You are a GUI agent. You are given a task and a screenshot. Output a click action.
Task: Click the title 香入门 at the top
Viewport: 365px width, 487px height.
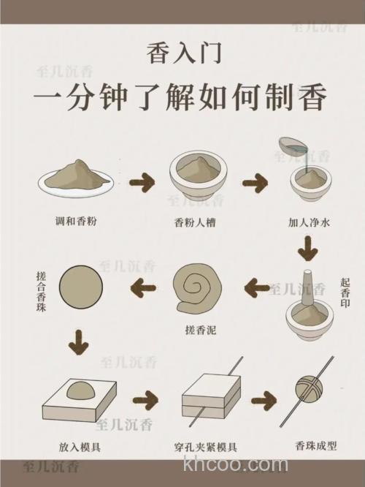click(182, 53)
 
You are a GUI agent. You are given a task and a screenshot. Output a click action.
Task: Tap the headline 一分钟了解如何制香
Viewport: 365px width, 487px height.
click(182, 98)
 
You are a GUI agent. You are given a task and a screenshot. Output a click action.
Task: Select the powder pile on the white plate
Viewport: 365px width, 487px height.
click(76, 174)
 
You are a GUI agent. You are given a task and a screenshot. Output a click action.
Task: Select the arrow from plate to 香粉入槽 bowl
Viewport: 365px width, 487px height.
click(142, 181)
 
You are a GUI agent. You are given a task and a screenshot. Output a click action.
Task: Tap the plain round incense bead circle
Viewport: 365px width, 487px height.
click(80, 287)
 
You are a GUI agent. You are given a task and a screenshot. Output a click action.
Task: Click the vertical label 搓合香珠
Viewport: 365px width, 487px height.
click(42, 288)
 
